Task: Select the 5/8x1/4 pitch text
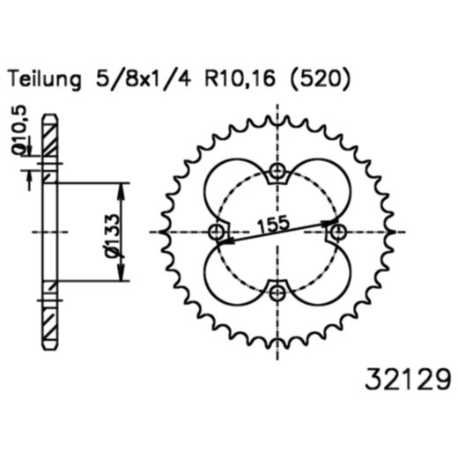144,78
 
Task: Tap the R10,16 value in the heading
240,78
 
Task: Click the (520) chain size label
320,78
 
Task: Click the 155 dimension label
273,224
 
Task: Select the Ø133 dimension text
113,236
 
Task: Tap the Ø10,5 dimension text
19,129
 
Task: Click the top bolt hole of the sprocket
277,171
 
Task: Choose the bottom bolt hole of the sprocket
277,292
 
